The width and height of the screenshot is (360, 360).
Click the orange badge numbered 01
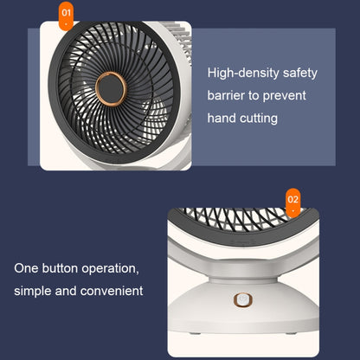pyautogui.click(x=66, y=13)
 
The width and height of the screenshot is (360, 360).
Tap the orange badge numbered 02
pyautogui.click(x=292, y=199)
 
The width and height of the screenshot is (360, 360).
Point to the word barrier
pyautogui.click(x=227, y=94)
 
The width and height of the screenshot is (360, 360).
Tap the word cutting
pyautogui.click(x=258, y=117)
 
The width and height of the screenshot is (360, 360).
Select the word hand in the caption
pyautogui.click(x=222, y=117)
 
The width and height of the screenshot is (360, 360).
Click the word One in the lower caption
pyautogui.click(x=27, y=268)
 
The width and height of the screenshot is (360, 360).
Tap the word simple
pyautogui.click(x=35, y=291)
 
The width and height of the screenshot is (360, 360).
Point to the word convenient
pyautogui.click(x=112, y=291)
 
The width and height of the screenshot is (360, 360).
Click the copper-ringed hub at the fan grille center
pyautogui.click(x=113, y=87)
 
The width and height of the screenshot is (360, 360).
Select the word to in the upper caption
pyautogui.click(x=254, y=94)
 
